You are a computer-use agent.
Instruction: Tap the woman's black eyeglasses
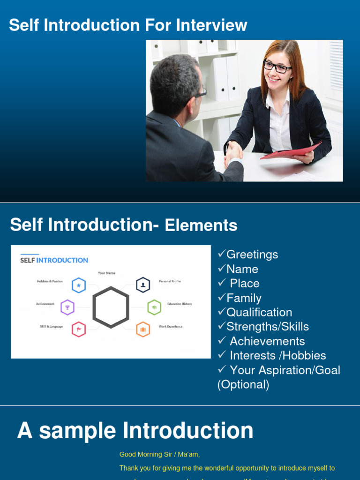277,67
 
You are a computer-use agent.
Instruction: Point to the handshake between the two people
233,153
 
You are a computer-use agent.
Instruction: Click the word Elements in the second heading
201,225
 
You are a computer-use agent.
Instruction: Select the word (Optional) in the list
243,385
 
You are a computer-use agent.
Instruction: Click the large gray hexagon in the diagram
111,307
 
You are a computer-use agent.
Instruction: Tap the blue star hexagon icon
79,285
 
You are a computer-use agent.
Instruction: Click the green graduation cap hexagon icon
154,307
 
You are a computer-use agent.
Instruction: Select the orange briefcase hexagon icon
143,330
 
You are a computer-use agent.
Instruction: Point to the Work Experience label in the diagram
171,327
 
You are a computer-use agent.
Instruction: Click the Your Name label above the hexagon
106,273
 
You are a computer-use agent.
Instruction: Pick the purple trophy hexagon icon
67,307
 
